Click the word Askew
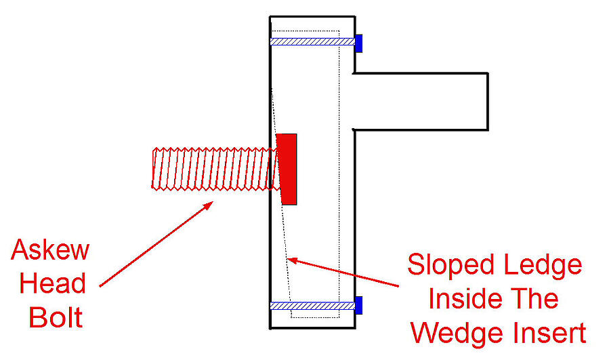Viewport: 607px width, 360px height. [x=50, y=250]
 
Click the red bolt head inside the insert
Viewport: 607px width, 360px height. [x=288, y=169]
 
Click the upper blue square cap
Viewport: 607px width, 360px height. [x=359, y=43]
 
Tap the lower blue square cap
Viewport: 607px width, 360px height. [x=359, y=305]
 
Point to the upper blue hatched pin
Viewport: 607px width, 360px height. [x=312, y=41]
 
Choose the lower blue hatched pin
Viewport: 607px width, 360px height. [x=312, y=306]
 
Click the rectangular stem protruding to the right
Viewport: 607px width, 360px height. [x=420, y=101]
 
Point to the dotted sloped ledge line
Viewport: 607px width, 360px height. [x=280, y=217]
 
